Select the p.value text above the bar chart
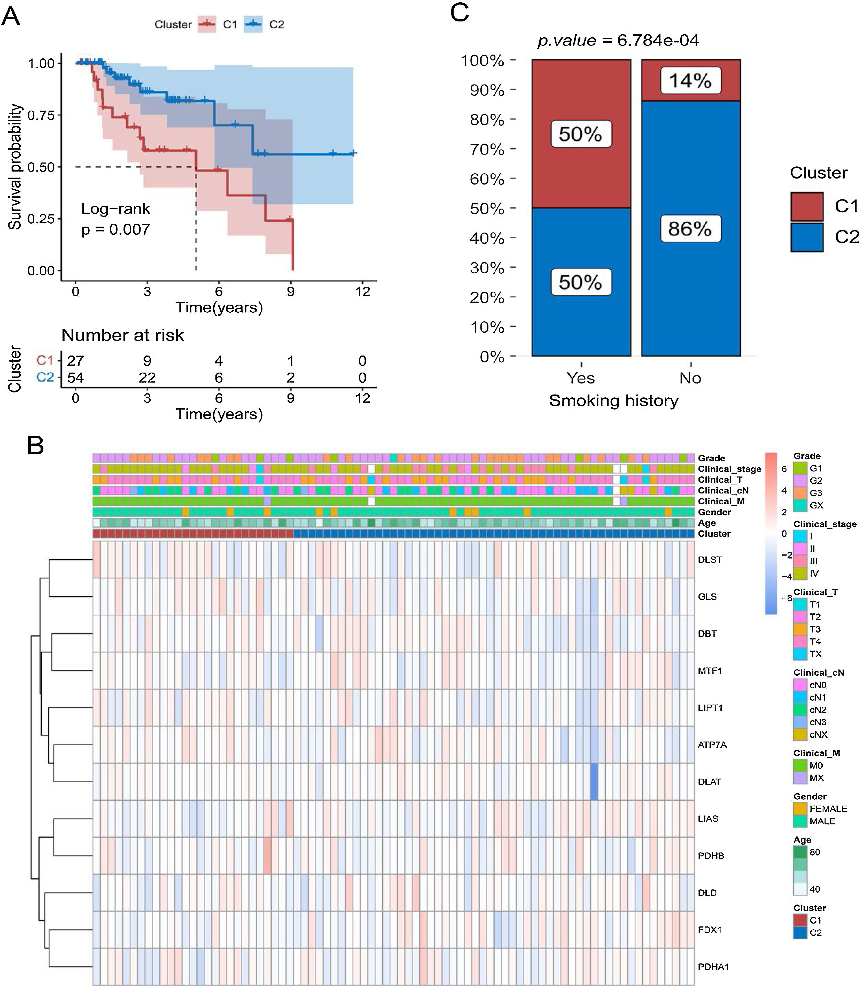618,41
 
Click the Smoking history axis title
613,400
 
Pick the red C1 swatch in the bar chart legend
807,206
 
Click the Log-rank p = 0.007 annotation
115,219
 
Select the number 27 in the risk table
76,361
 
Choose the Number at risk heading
123,335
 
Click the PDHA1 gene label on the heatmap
713,967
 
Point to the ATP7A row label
712,745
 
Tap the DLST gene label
710,560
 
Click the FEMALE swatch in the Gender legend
800,809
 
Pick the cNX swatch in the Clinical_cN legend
800,735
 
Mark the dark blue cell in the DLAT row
594,781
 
